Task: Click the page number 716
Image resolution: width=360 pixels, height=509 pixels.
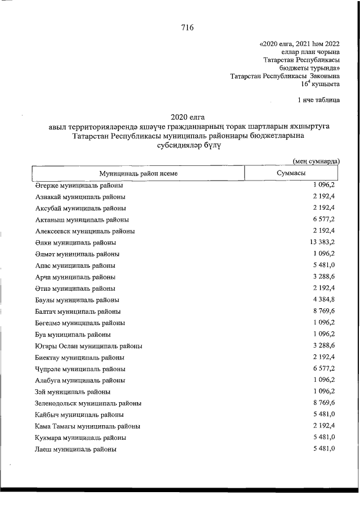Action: tap(187, 29)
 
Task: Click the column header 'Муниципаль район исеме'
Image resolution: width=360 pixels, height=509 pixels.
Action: tap(138, 173)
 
